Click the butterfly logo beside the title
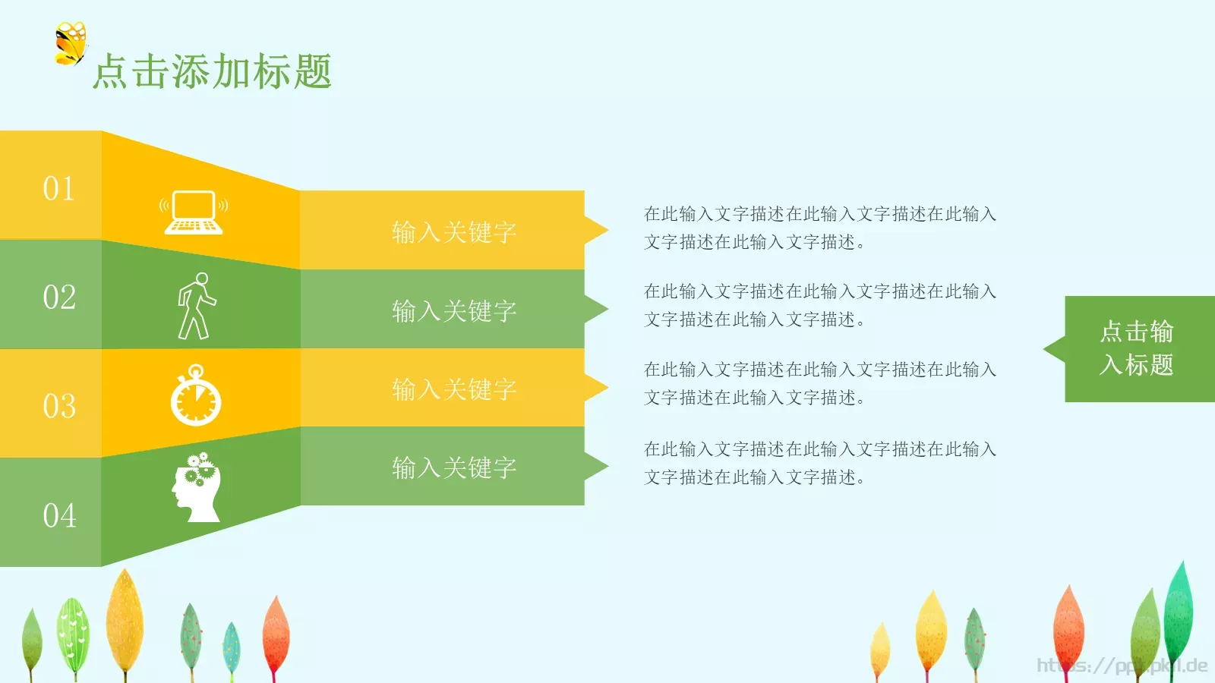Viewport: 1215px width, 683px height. [x=71, y=43]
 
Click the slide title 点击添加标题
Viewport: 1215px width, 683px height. [x=212, y=72]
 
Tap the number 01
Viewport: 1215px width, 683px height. [x=58, y=188]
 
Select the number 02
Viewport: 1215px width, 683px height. [x=59, y=297]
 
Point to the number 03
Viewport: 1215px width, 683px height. [x=59, y=406]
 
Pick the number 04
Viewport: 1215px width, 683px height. [x=59, y=515]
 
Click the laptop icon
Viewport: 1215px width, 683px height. [x=194, y=212]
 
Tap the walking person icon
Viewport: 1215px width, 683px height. [x=196, y=306]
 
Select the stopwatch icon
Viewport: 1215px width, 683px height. [x=196, y=395]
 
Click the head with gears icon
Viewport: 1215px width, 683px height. [x=197, y=488]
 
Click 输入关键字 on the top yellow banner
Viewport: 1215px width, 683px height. [x=454, y=231]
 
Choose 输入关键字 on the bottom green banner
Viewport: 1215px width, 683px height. [x=454, y=467]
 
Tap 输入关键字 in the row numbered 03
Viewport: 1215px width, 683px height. [x=454, y=389]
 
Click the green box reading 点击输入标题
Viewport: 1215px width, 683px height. [x=1137, y=348]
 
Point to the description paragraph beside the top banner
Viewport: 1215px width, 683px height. [x=819, y=228]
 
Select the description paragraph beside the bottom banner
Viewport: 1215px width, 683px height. [x=819, y=463]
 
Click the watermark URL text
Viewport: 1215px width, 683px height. [x=1122, y=666]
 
